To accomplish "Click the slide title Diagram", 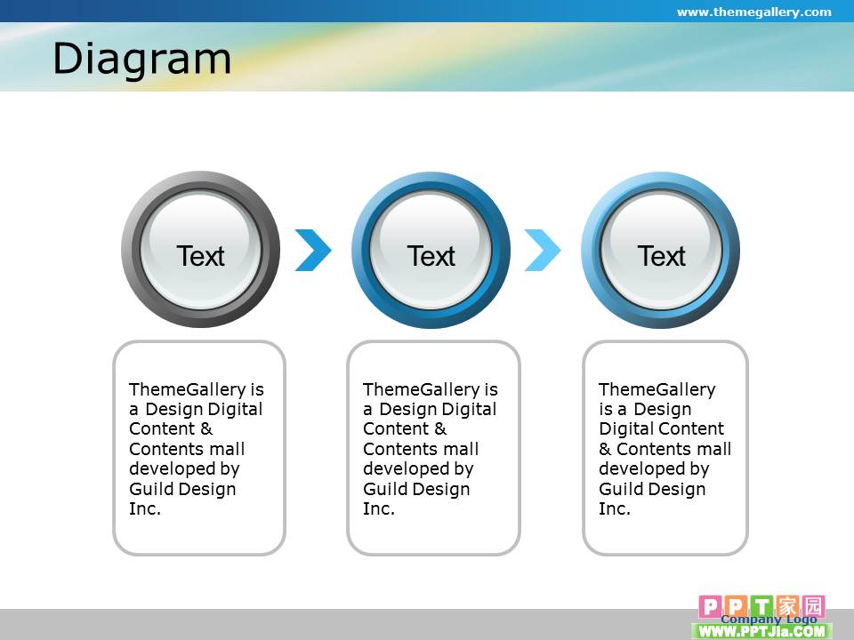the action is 142,60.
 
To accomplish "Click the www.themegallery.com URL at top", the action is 753,12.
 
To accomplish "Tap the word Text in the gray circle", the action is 200,256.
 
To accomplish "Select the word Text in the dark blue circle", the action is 431,256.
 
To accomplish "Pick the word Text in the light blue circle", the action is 661,256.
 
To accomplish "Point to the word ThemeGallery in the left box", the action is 188,390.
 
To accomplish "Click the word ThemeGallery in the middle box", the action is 422,390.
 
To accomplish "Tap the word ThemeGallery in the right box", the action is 657,390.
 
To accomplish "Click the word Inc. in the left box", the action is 145,508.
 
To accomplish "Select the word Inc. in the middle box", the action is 379,508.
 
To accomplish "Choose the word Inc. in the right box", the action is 615,508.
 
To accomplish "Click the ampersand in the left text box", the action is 206,428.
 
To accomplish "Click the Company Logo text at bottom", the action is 769,620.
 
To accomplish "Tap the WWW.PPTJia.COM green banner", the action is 761,631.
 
